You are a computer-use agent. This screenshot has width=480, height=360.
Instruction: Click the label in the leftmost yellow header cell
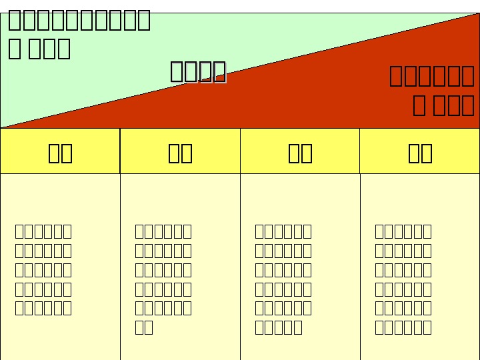point(60,153)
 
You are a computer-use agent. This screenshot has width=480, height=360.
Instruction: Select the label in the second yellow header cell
point(180,153)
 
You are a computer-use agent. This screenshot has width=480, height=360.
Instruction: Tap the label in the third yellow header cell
point(300,153)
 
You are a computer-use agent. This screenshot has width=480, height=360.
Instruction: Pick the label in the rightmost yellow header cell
point(420,153)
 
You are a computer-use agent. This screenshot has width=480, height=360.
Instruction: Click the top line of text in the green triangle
point(79,21)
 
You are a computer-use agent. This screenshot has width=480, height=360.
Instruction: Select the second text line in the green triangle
point(39,49)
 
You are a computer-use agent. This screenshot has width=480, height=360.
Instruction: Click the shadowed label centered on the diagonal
point(198,71)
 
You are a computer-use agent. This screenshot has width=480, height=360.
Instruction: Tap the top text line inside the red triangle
point(431,76)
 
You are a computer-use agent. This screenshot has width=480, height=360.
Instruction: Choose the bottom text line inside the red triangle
point(443,105)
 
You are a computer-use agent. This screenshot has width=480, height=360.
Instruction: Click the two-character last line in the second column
point(144,327)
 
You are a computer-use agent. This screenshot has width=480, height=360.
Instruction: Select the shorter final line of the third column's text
point(279,327)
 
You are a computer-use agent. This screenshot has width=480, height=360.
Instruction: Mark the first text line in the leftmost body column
point(43,231)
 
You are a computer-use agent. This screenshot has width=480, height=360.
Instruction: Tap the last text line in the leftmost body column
point(43,308)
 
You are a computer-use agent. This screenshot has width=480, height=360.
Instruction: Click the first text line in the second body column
point(163,231)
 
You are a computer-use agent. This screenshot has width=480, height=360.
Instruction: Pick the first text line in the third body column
point(283,231)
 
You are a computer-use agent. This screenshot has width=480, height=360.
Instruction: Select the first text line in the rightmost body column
point(403,231)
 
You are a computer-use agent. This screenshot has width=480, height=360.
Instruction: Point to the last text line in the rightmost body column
point(403,327)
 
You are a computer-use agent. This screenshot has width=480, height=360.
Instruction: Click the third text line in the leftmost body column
point(43,270)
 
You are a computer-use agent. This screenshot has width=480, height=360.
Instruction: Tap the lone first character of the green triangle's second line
point(15,49)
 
